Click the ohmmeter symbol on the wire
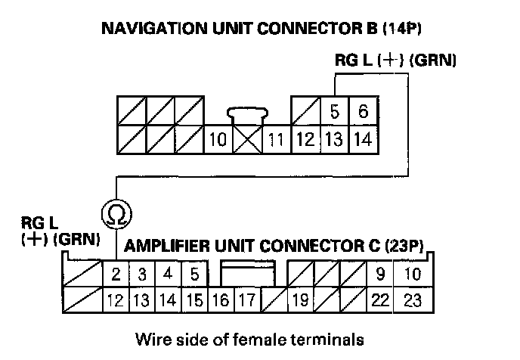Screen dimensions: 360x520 click(116, 215)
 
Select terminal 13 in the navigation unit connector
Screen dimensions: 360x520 click(334, 139)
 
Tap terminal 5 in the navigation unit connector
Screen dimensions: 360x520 click(334, 112)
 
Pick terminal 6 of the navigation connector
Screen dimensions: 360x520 click(363, 112)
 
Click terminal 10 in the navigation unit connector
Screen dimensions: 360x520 click(218, 139)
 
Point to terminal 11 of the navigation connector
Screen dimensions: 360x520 click(276, 139)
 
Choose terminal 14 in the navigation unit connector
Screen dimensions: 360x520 click(363, 139)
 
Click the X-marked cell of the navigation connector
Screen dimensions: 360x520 click(246, 139)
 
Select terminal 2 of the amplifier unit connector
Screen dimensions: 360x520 click(116, 274)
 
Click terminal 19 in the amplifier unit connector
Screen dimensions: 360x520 click(299, 300)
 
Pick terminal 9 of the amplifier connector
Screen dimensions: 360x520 click(381, 274)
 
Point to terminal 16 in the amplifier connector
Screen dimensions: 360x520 click(219, 300)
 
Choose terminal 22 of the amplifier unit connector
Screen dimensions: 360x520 click(381, 300)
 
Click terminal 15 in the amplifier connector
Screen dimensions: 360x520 click(194, 300)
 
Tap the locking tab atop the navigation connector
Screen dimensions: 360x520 click(246, 115)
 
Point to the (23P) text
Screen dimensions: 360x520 click(408, 246)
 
